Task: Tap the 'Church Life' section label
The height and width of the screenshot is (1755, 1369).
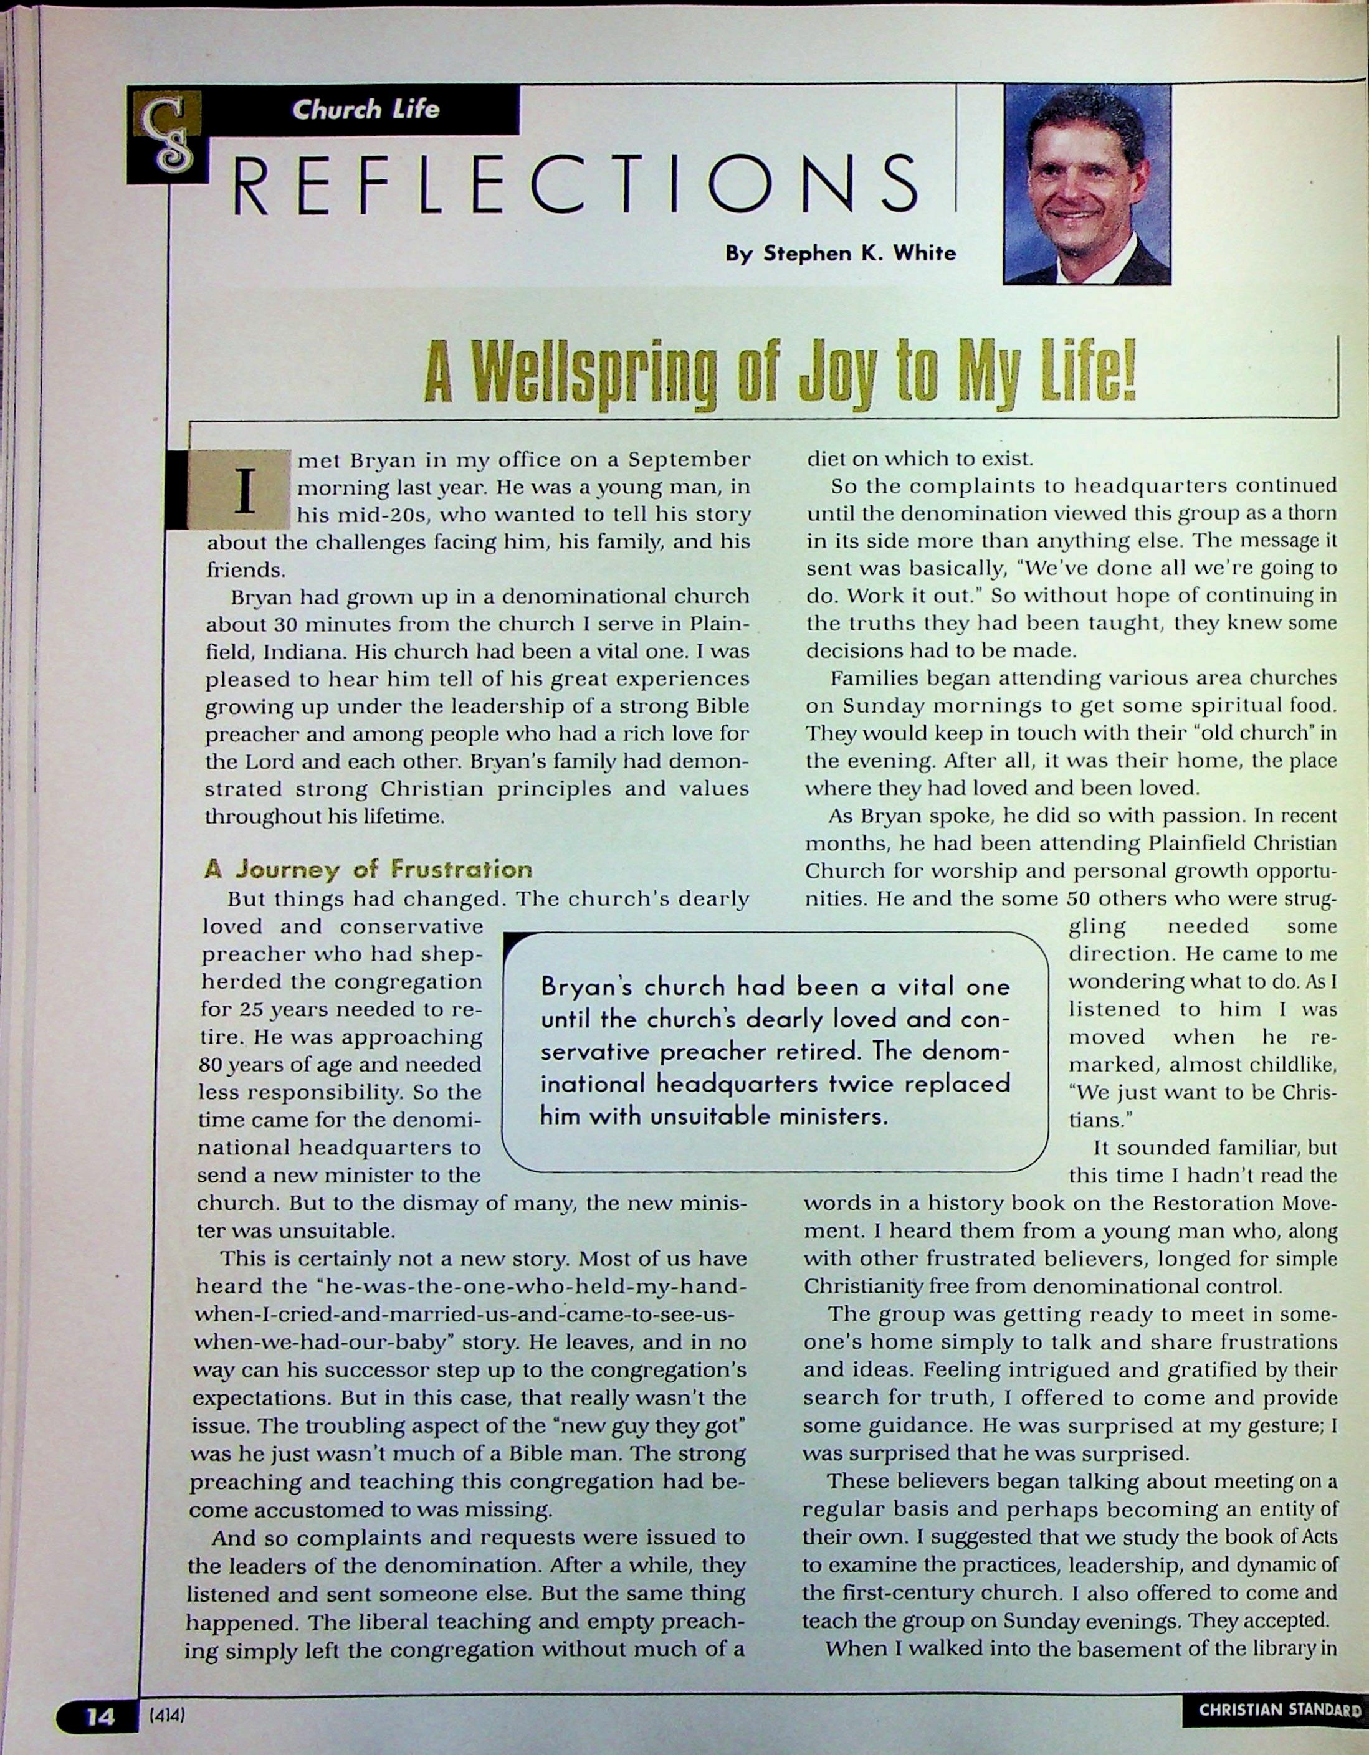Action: (x=365, y=109)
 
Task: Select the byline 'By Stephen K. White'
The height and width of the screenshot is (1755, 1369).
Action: (x=841, y=254)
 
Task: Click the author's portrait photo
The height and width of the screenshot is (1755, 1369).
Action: (x=1087, y=185)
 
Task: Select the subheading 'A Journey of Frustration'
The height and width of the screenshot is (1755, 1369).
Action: (x=368, y=870)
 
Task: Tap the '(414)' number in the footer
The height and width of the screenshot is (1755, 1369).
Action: (x=167, y=1717)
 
